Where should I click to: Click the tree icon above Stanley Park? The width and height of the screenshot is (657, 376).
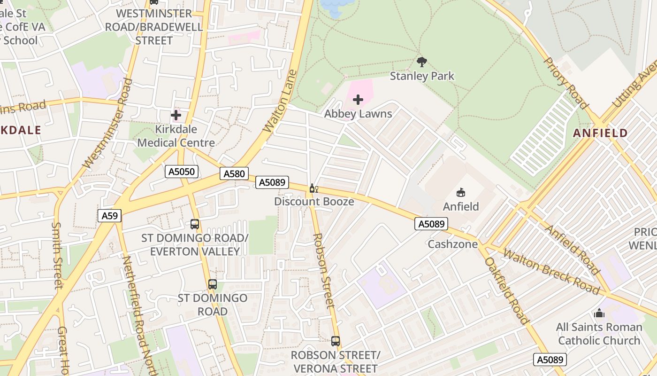(x=422, y=62)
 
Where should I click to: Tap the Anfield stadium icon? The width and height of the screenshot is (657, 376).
(x=461, y=192)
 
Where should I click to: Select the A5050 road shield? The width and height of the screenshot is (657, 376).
(x=182, y=172)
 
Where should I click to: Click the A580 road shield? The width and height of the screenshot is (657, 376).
(x=234, y=174)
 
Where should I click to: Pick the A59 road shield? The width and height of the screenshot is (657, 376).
(x=110, y=216)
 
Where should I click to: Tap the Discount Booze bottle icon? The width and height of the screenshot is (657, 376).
(x=313, y=189)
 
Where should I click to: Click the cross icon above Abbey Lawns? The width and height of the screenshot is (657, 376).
(x=358, y=100)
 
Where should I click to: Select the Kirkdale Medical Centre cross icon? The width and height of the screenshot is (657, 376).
(x=176, y=115)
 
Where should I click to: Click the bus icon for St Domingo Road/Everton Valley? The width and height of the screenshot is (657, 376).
(x=195, y=224)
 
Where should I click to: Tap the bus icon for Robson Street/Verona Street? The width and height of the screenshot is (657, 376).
(x=335, y=341)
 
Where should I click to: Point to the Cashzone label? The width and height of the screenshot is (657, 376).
(x=452, y=244)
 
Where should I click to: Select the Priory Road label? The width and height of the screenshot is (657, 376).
(x=565, y=83)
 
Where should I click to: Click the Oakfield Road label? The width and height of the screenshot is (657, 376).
(x=506, y=290)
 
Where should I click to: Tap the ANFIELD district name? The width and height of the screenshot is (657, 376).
(x=600, y=133)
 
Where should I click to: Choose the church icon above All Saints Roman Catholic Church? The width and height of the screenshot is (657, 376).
(x=599, y=313)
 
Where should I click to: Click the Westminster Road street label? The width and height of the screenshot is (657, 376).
(x=107, y=124)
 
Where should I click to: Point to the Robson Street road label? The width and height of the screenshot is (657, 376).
(x=324, y=270)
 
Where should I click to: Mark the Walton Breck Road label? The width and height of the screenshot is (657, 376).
(x=551, y=272)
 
